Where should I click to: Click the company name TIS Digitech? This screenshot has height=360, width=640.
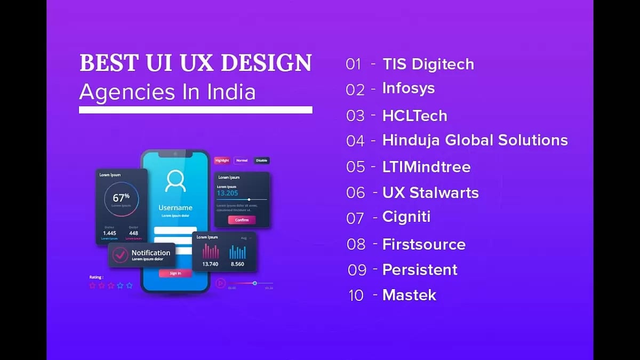[x=428, y=64]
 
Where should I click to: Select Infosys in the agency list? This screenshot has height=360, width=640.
[x=408, y=89]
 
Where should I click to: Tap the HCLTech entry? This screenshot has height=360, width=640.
[x=414, y=116]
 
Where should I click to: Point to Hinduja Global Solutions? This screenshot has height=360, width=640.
[x=475, y=140]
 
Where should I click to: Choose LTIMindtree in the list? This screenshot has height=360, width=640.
[x=426, y=167]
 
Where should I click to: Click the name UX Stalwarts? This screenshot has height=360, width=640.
[x=430, y=193]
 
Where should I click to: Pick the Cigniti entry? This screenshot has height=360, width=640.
[x=406, y=217]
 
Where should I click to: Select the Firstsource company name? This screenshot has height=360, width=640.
[x=423, y=244]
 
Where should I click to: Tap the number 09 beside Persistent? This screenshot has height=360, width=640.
[x=357, y=270]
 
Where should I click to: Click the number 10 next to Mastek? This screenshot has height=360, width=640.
[x=356, y=295]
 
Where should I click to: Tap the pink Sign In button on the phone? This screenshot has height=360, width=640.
[x=175, y=273]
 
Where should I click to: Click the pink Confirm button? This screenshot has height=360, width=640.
[x=242, y=220]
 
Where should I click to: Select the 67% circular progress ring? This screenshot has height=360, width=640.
[x=121, y=199]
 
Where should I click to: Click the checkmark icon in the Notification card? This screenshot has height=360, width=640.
[x=120, y=255]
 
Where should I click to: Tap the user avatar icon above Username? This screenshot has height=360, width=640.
[x=175, y=181]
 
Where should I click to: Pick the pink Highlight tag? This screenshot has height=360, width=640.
[x=222, y=161]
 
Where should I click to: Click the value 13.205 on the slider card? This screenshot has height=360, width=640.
[x=227, y=193]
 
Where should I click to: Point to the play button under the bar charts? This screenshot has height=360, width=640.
[x=220, y=283]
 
